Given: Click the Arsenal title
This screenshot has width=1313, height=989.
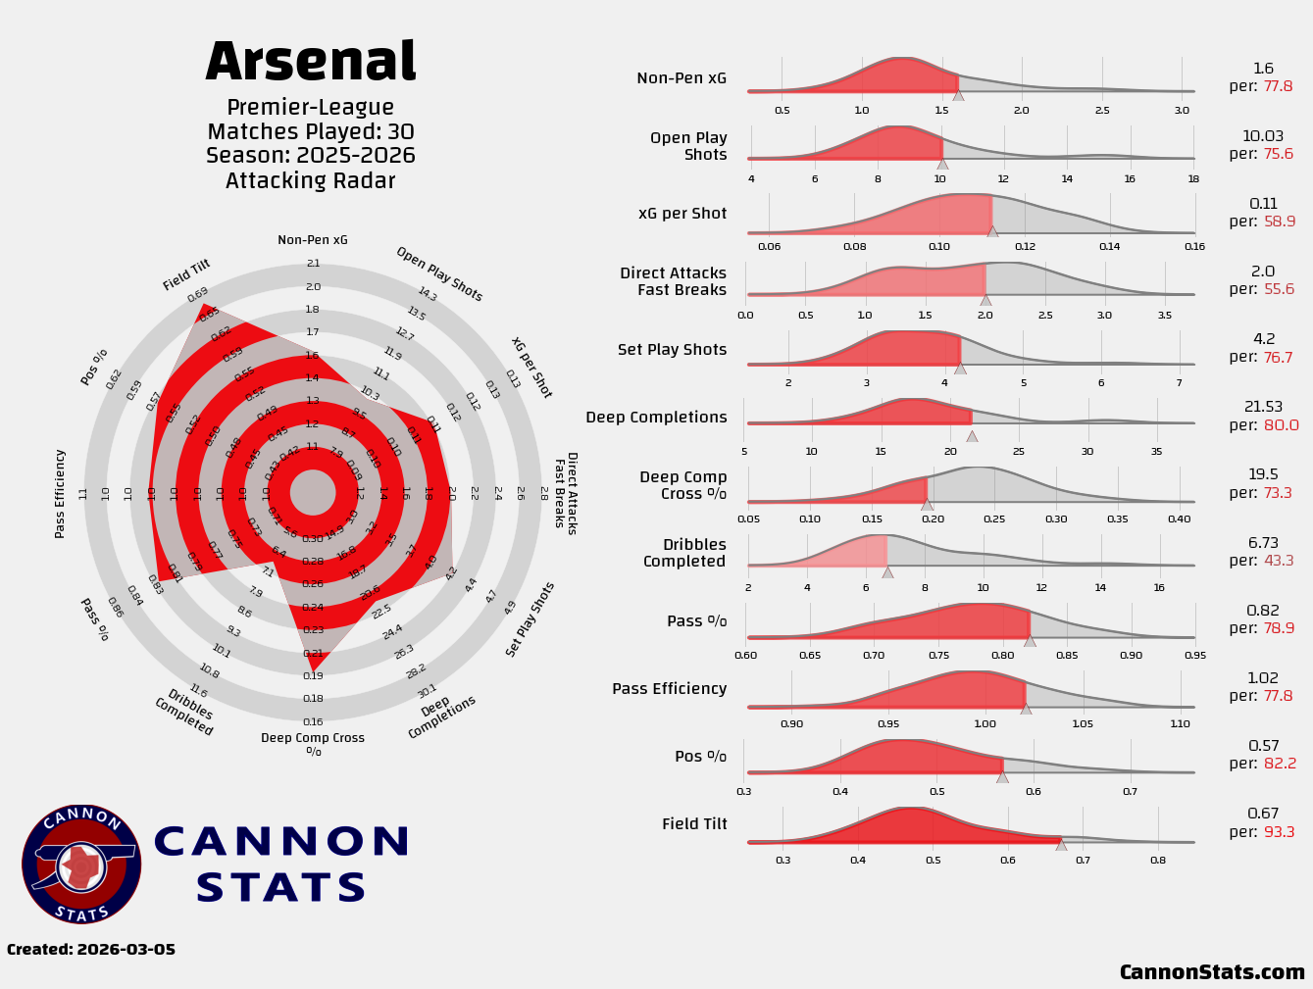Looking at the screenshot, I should coord(311,63).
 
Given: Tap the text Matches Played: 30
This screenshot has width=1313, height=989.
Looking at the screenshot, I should coord(311,131).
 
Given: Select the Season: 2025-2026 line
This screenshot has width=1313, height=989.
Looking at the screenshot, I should coord(311,156).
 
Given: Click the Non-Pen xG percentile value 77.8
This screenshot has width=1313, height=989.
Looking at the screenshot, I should coord(1278,86).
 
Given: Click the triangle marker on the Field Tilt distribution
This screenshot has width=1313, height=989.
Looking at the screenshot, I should coord(1061,844).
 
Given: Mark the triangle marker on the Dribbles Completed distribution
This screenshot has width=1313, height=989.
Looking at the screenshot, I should coord(887,572).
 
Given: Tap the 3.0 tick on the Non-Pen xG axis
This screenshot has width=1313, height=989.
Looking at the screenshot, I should coord(1182,111).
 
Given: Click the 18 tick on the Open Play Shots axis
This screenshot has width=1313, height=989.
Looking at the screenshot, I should coord(1193,178).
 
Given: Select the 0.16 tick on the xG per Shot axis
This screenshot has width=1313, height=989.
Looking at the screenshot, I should coord(1194,247).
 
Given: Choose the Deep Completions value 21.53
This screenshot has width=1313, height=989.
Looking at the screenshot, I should coord(1263,407).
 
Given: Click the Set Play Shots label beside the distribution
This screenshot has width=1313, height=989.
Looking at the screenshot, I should coord(672,350).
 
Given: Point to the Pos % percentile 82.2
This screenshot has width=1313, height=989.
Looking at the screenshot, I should coord(1279,764).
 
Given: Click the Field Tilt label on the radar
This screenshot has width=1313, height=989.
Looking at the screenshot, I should coord(186,275).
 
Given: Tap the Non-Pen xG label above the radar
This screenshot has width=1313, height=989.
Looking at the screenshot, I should coord(312,240).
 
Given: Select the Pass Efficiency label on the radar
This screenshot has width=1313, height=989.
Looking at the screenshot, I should coord(60,493).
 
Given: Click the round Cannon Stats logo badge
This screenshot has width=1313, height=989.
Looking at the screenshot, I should coord(81,865).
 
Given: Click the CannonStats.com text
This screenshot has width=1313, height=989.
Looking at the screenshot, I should coord(1212,972).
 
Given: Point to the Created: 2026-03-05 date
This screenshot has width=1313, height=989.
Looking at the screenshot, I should coord(91,950).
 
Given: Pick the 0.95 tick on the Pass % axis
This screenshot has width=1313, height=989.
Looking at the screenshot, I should coord(1194,655).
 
